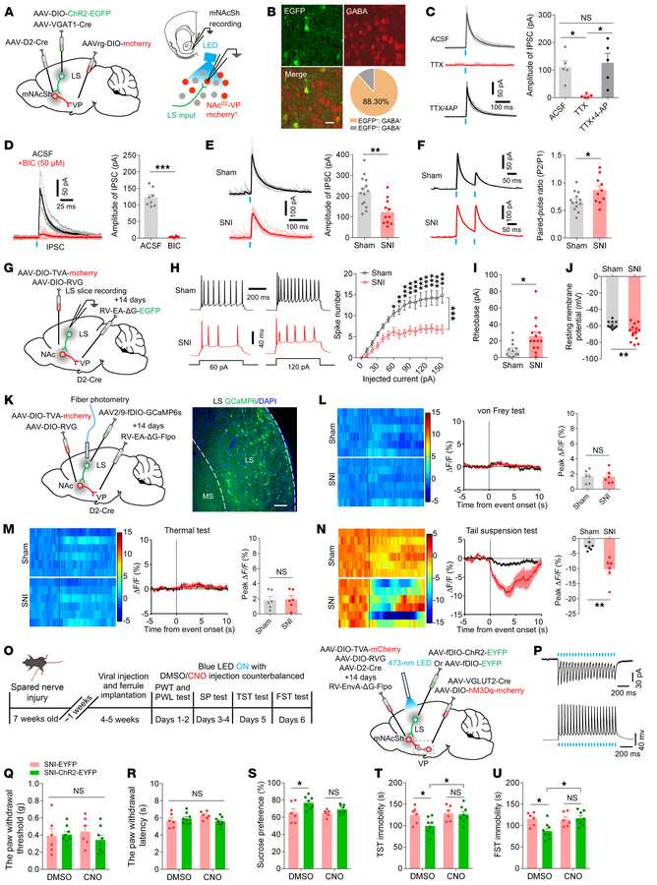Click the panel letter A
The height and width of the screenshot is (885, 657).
coord(9,9)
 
